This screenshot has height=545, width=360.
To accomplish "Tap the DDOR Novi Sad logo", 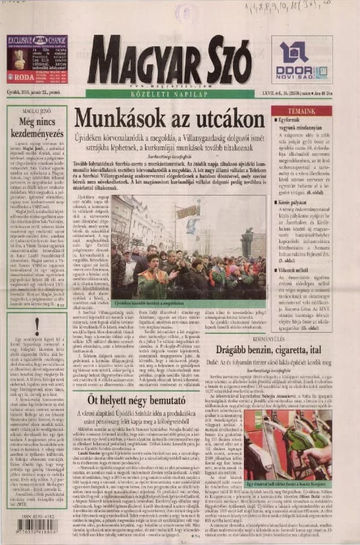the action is (302, 60).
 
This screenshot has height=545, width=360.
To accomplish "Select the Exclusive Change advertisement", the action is (37, 59).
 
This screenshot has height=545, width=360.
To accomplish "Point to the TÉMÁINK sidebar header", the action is (301, 111).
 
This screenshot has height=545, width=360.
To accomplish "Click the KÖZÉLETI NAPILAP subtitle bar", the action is (169, 93).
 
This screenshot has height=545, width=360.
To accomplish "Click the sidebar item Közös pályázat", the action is (289, 204).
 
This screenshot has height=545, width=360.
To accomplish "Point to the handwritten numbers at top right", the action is (313, 9).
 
